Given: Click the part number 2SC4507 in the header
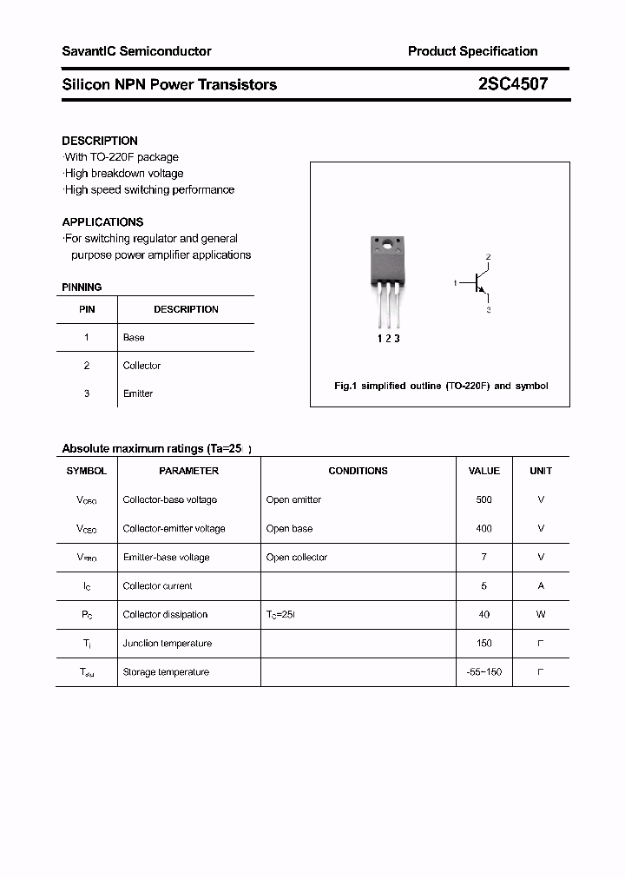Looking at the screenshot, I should pos(512,84).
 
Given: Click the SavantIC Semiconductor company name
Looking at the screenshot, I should pos(136,51).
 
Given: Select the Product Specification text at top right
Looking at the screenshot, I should pos(472,51).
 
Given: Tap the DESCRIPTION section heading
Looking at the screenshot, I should pos(100,141).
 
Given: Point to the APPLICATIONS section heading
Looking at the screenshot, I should pos(102,221).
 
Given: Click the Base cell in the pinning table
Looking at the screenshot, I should pos(134,337).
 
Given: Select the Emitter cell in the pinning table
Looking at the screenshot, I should pos(137,393).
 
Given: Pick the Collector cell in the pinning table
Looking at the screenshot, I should pos(141,366).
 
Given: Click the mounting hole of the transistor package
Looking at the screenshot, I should pos(387,244).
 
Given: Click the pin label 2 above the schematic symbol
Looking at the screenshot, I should pos(488,257).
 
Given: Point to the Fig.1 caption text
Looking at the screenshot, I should pos(441,386).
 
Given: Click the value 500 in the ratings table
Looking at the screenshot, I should pos(484,499).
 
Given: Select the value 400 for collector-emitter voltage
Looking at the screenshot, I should pos(484,528).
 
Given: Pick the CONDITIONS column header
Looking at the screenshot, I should pos(358,471).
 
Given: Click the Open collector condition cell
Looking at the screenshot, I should pos(297,557).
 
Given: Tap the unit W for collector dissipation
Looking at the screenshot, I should pos(541,614).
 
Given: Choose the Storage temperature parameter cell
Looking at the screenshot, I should pos(166,671).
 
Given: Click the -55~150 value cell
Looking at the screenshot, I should pos(484,671).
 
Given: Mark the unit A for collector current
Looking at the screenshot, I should pos(541,585).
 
